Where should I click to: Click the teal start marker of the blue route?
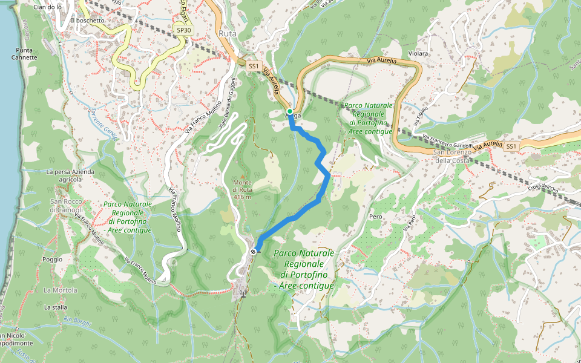(290, 111)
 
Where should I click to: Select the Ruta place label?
(228, 34)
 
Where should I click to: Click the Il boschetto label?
(88, 20)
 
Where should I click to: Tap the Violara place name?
(418, 54)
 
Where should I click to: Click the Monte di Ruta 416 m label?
(241, 189)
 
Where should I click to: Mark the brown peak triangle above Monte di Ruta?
(242, 175)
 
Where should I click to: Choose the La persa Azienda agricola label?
(71, 175)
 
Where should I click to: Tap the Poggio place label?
(53, 259)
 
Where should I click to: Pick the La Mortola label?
(60, 290)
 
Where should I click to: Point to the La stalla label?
(56, 307)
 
